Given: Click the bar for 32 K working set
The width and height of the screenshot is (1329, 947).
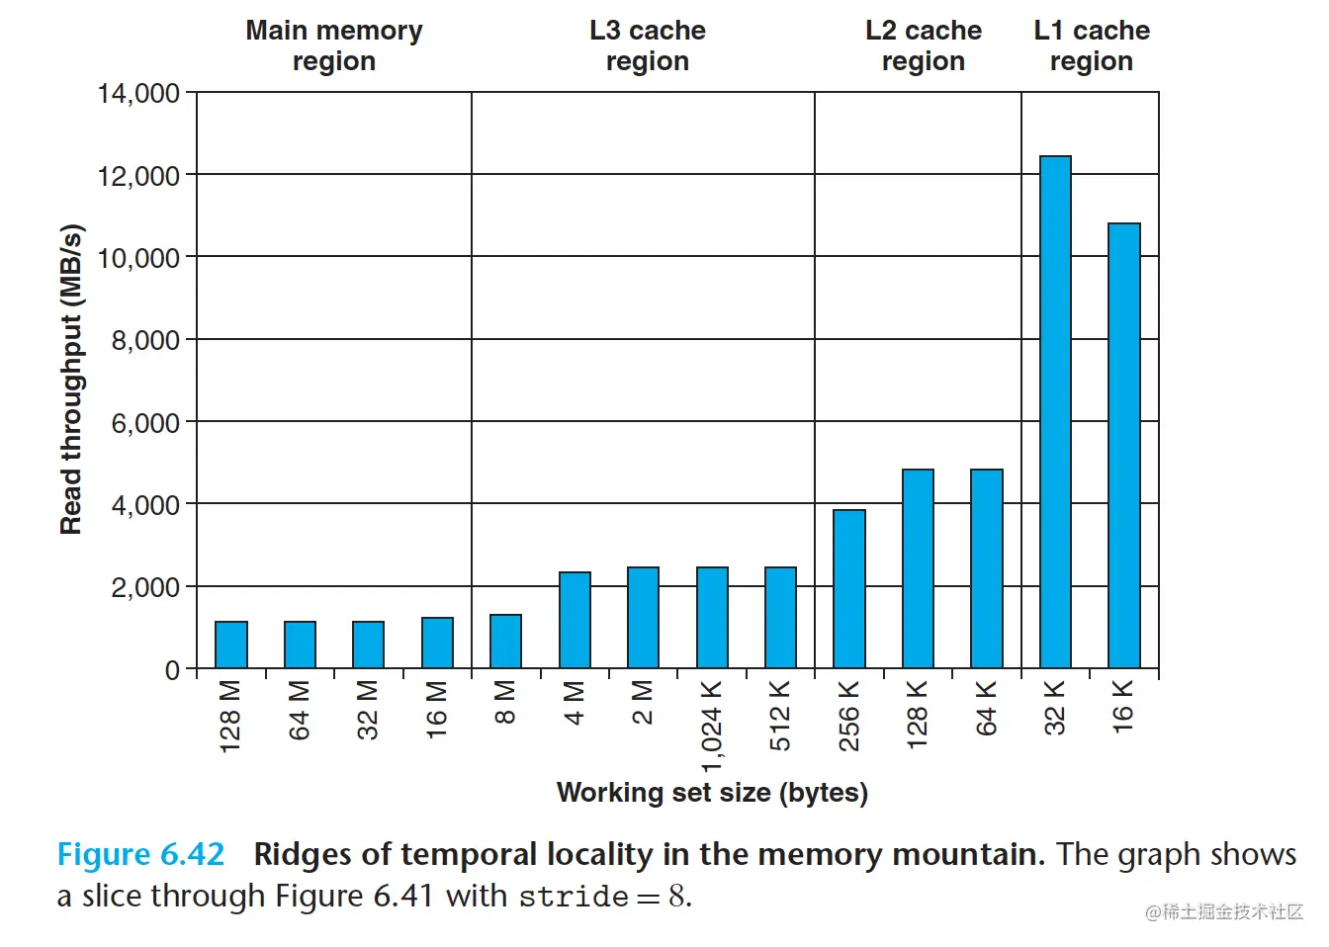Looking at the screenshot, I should tap(1055, 412).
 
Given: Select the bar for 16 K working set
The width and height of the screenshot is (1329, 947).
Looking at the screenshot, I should tap(1124, 446).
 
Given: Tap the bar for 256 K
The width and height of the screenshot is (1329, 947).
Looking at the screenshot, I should tap(849, 589).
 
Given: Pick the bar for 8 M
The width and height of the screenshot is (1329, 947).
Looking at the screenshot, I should tap(505, 642).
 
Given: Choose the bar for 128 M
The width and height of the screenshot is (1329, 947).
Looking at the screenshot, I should tap(231, 645).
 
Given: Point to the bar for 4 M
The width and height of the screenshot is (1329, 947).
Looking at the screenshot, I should tap(575, 620).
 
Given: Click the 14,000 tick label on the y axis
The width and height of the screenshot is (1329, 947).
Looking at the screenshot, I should tap(138, 94).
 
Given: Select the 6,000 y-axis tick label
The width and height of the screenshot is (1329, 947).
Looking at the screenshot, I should tap(145, 423).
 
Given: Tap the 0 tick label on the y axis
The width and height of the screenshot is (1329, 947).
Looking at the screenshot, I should tap(173, 670).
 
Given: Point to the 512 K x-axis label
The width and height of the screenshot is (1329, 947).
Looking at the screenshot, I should tap(780, 716).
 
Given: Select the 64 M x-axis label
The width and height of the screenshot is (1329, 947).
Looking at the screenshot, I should tap(300, 710).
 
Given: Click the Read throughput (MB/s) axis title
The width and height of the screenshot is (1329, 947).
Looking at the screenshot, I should tap(71, 381).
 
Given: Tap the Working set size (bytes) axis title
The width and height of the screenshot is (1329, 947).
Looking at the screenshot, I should tap(712, 793).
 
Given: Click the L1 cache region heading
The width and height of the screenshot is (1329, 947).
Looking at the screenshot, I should tap(1092, 45).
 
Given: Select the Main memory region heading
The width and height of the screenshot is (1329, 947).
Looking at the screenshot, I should tap(334, 45).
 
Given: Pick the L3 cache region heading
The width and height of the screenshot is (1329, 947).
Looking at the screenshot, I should tap(648, 45).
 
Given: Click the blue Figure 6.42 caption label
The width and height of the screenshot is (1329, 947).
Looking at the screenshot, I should tap(140, 854).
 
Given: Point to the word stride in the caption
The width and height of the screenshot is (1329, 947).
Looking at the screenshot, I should tap(574, 898).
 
